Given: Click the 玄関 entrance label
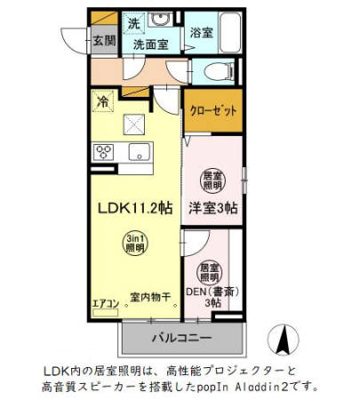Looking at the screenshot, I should [103, 40].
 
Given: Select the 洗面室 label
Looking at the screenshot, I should [150, 43].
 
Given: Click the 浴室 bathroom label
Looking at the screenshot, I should [200, 32].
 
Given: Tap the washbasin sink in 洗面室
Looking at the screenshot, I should [162, 20].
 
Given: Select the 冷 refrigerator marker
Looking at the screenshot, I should [103, 102].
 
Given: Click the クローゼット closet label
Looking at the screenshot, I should [213, 111].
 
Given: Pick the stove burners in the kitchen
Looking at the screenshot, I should [104, 150].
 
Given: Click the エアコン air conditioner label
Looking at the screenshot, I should [106, 302].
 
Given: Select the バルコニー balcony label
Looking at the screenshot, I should [180, 339].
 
